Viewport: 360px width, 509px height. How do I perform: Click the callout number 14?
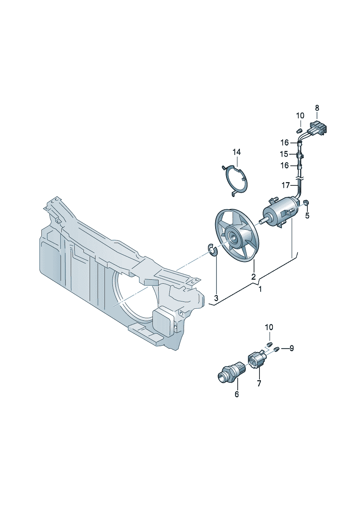(x=237, y=152)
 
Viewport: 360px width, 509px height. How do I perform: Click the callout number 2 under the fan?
(x=254, y=276)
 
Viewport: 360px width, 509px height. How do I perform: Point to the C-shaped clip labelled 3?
(x=212, y=250)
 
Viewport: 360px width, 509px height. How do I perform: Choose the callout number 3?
(x=216, y=298)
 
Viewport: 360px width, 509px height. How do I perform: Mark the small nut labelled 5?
(x=306, y=202)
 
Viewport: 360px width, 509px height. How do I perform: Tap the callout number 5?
(x=307, y=215)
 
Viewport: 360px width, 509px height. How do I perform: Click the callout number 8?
(x=317, y=108)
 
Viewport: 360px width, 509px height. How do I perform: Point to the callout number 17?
(x=286, y=185)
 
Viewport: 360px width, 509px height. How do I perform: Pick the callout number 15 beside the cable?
(x=284, y=154)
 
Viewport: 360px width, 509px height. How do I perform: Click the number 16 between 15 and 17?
(x=285, y=165)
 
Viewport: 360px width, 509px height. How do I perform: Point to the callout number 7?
(x=259, y=383)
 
